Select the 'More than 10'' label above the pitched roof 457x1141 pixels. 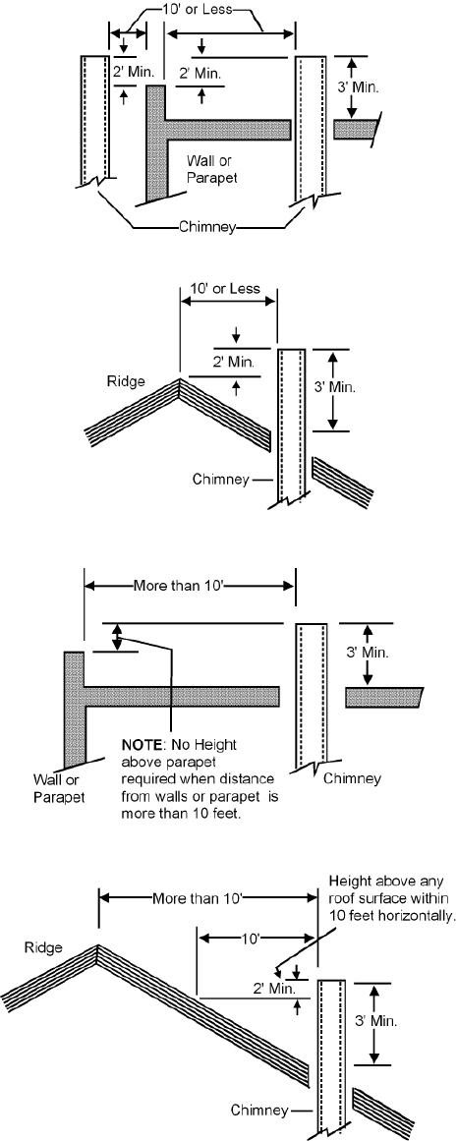click(x=200, y=896)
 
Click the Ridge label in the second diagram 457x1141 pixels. click(x=126, y=380)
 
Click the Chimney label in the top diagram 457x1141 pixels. click(x=208, y=227)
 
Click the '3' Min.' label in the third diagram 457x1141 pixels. click(x=369, y=653)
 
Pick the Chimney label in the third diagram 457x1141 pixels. click(x=352, y=778)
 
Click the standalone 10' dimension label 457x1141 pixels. click(x=251, y=939)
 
